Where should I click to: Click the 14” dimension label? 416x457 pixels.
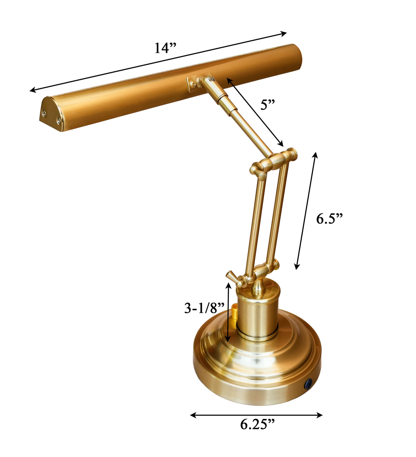click(165, 48)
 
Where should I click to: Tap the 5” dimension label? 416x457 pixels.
click(268, 104)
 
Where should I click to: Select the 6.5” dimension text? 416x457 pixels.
click(329, 218)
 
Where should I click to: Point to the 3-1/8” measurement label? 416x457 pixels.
click(204, 308)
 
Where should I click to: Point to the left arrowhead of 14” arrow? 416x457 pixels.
click(32, 91)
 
